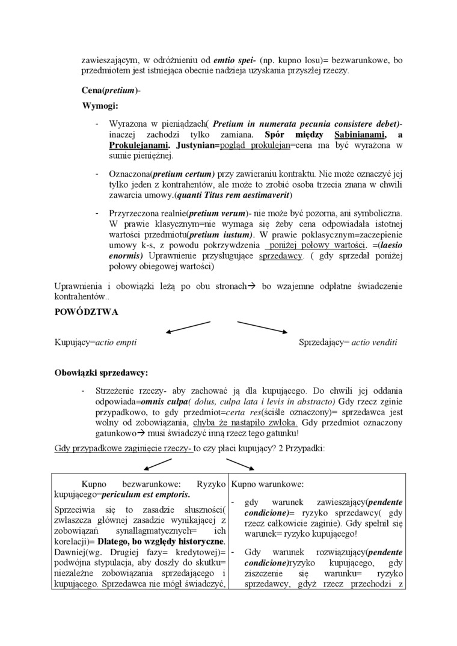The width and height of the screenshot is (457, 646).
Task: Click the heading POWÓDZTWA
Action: pos(86,312)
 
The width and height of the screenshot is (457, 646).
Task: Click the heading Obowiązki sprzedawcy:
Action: pos(101,373)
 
